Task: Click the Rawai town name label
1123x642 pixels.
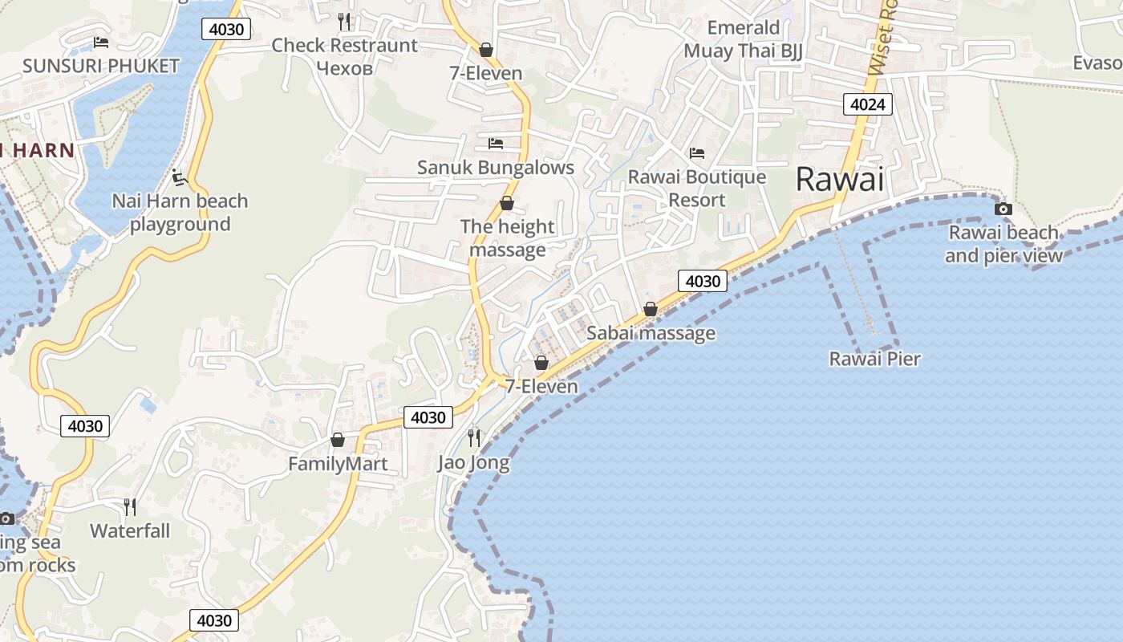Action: [839, 179]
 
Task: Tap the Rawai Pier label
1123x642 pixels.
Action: [874, 358]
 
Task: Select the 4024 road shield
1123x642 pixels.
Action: [868, 104]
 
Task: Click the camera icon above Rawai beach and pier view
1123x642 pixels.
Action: [1003, 209]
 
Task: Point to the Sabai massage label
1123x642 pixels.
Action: [651, 333]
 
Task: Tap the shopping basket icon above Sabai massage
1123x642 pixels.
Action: [651, 309]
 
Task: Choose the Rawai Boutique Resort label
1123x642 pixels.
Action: [696, 188]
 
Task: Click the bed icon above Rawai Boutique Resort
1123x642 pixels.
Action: [696, 152]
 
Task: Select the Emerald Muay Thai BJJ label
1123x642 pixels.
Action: [743, 39]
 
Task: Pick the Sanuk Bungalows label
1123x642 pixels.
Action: [496, 168]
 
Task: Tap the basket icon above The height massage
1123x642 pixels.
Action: [507, 203]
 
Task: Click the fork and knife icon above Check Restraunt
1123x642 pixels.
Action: [344, 21]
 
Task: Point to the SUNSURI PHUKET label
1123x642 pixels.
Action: [101, 66]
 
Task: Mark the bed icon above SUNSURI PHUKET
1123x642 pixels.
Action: [101, 42]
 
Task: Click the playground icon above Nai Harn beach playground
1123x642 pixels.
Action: [180, 176]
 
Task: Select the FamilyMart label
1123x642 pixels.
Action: [338, 464]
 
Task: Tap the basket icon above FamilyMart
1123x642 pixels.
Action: [338, 440]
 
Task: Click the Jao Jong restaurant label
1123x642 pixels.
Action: [473, 463]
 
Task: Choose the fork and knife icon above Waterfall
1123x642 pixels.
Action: [130, 506]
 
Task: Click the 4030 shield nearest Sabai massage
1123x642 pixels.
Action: [703, 281]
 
